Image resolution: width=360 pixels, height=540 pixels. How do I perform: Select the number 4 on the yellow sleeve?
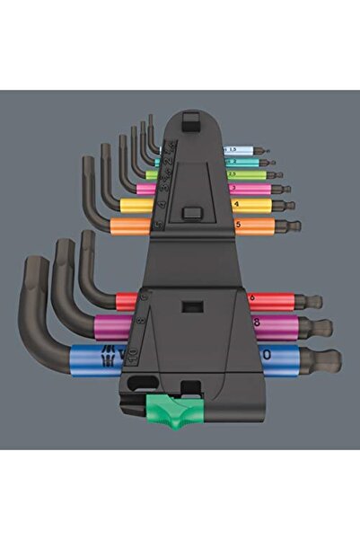(235, 205)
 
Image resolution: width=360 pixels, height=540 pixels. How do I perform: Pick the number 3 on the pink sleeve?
(234, 189)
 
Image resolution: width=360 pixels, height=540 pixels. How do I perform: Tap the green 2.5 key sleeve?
(233, 174)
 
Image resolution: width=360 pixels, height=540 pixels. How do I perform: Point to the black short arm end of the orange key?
(87, 166)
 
